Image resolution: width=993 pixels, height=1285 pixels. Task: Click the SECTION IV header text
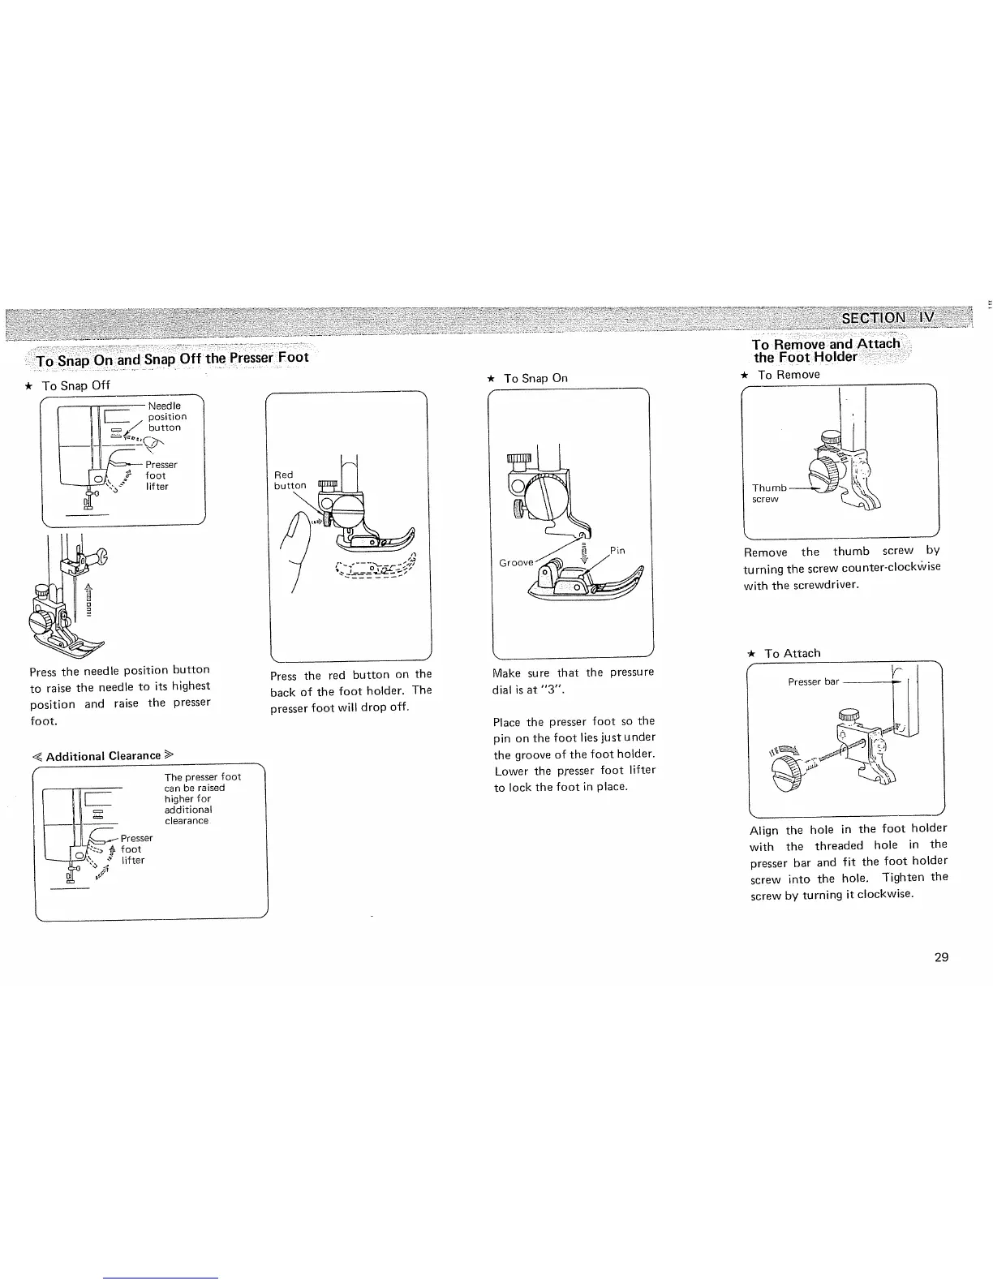(888, 317)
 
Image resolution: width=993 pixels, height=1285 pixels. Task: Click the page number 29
(941, 957)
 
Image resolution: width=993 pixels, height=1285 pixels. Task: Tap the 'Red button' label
(290, 480)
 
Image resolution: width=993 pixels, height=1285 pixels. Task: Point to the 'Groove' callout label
(516, 562)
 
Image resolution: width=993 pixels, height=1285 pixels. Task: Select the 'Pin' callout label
(617, 550)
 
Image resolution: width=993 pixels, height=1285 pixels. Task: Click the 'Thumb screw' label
(768, 493)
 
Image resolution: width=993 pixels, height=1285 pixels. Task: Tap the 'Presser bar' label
(813, 681)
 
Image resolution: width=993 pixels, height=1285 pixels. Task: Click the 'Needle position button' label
(166, 416)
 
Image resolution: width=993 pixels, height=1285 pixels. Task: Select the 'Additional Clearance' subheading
(103, 756)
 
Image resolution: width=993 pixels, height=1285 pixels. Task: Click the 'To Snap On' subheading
(535, 378)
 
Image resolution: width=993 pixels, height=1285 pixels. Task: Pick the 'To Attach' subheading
(792, 653)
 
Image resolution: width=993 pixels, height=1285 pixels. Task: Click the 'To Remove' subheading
(788, 375)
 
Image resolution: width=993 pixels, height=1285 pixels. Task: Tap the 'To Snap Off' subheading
(75, 385)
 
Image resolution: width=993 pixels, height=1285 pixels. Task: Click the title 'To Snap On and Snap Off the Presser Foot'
(172, 358)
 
